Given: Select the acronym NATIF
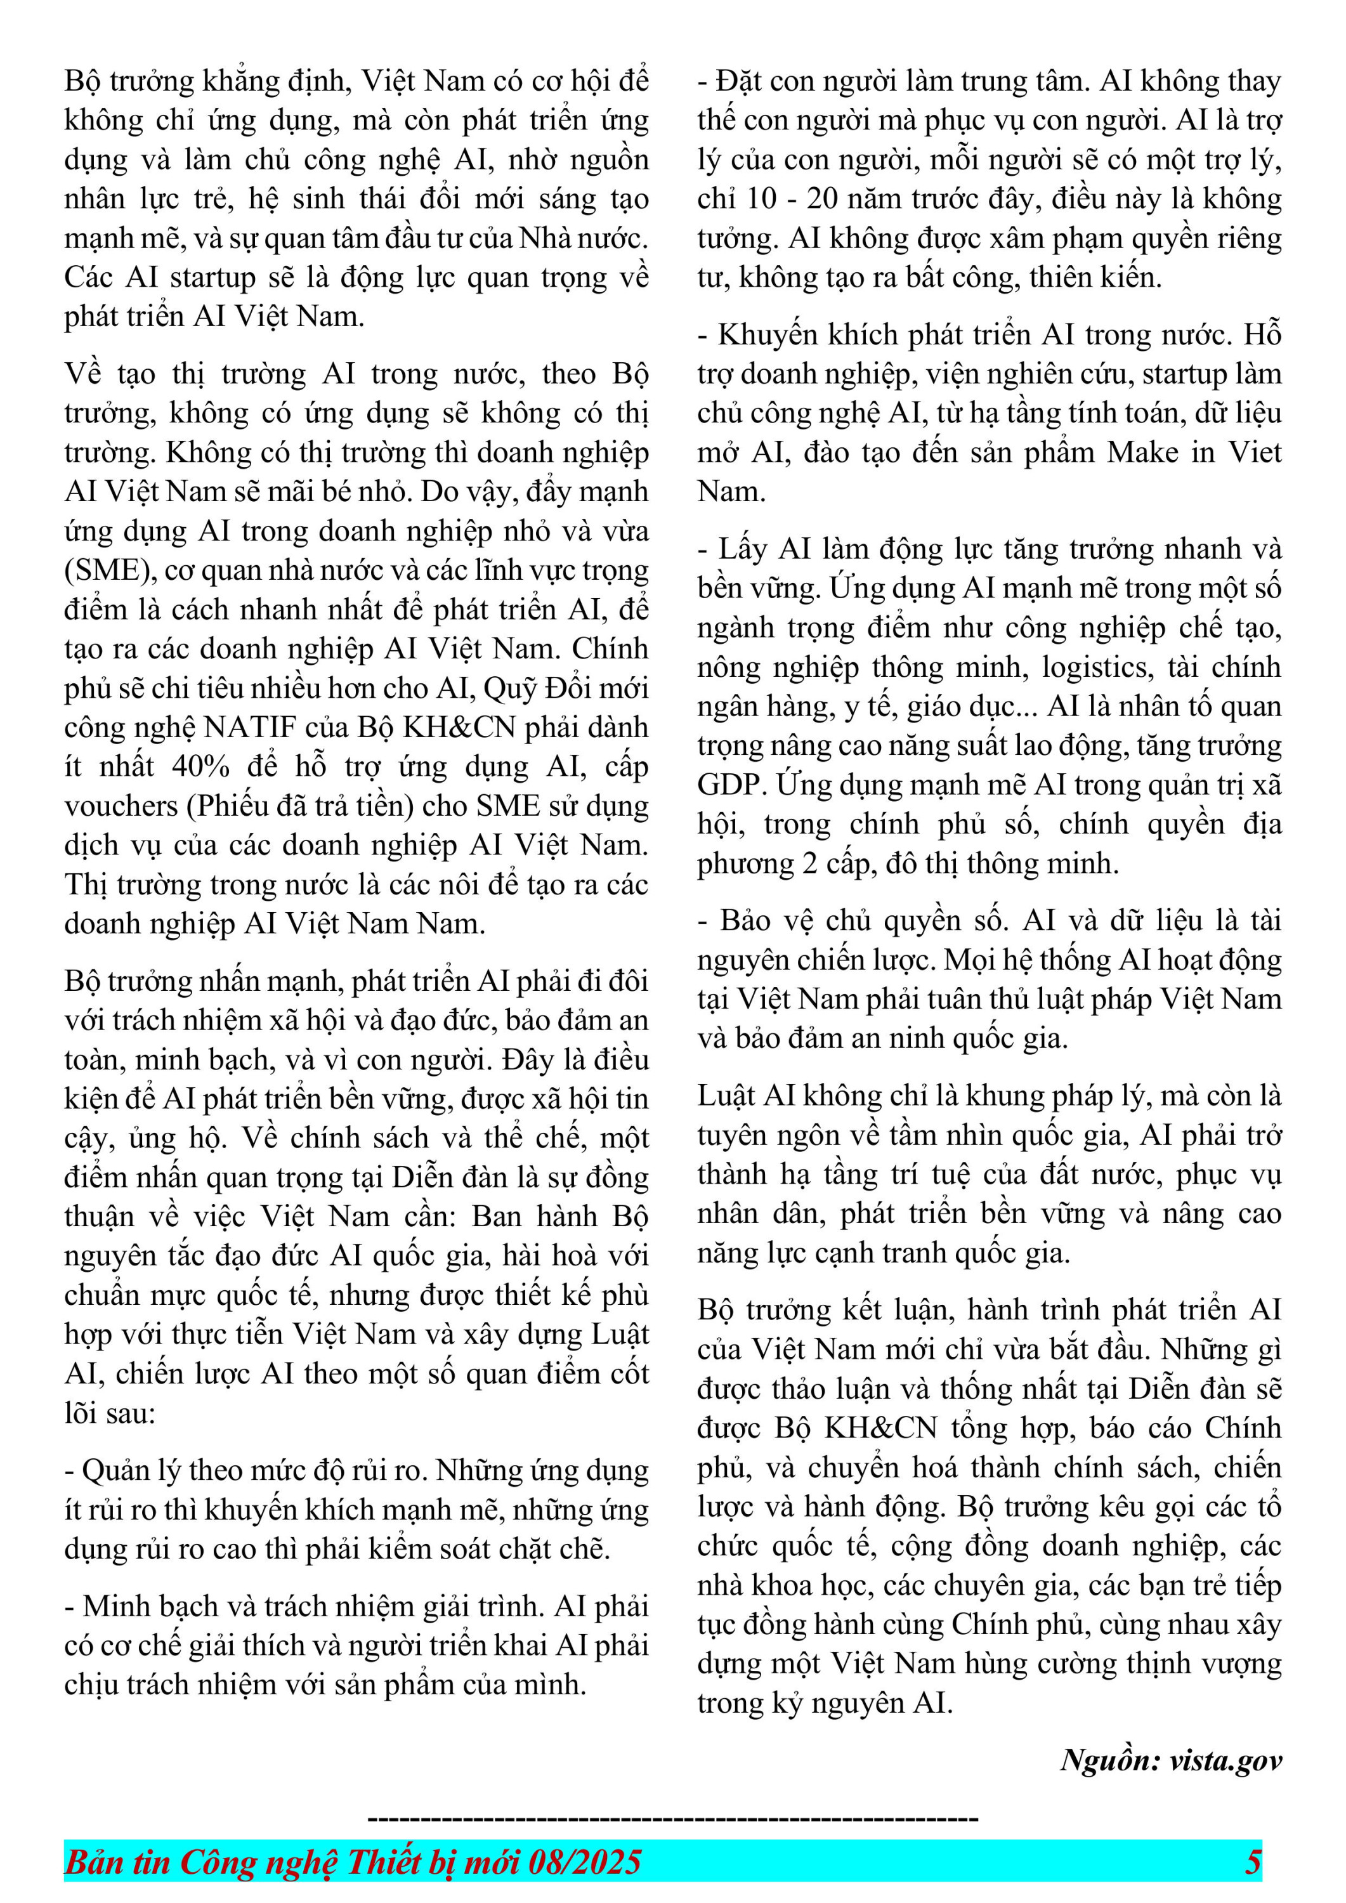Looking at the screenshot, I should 249,727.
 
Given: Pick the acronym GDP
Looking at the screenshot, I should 730,785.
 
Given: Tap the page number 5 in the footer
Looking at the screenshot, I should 1252,1862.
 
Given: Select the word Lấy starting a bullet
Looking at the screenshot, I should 741,549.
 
